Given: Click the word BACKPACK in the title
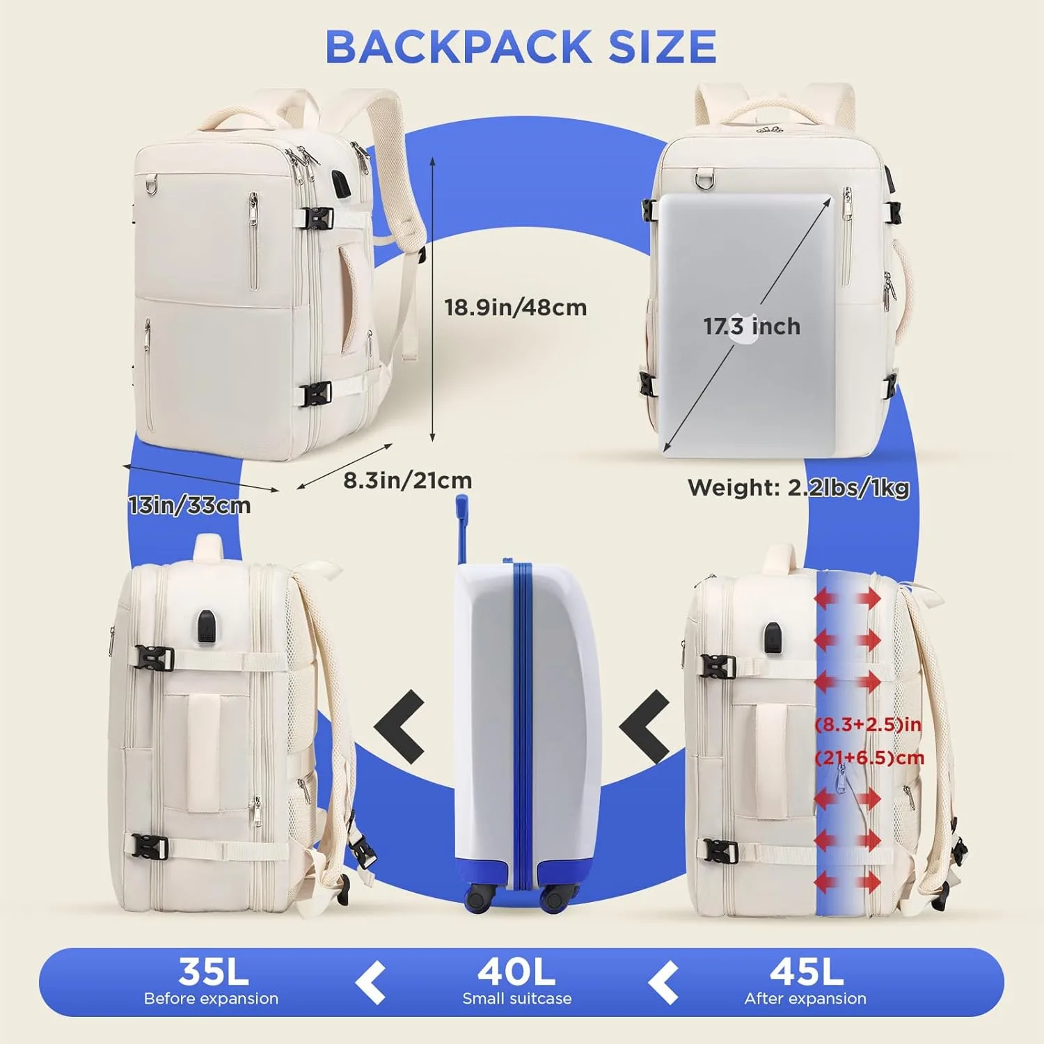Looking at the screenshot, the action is tap(459, 47).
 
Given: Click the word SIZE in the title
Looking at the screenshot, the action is tap(662, 47).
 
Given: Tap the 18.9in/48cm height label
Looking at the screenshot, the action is tap(516, 307).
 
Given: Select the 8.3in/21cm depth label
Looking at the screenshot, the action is tap(407, 480).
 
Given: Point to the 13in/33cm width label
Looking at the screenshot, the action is tap(189, 505).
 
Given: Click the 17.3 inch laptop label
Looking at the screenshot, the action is tap(752, 326).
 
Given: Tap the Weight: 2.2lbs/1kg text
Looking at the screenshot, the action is tap(798, 487).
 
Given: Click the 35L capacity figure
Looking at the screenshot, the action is tap(213, 972).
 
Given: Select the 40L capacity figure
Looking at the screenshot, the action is tap(516, 972).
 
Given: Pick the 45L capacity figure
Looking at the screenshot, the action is tap(807, 972).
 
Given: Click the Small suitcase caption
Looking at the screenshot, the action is tap(517, 999).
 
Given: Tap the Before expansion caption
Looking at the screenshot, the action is tap(211, 999).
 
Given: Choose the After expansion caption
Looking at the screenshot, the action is tap(805, 999).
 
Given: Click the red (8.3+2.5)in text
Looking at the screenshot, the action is tap(868, 725).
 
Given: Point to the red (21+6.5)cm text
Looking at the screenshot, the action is tap(869, 757).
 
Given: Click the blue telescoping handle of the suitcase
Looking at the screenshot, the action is tap(462, 529).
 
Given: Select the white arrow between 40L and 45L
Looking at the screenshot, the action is tap(663, 983).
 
